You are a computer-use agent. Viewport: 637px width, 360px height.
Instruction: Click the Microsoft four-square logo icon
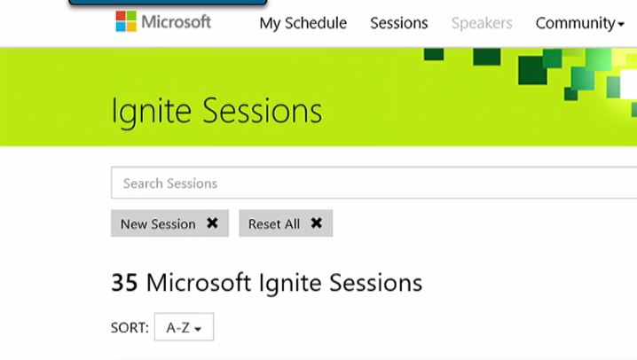point(126,21)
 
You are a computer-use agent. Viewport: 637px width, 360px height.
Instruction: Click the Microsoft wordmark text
point(177,22)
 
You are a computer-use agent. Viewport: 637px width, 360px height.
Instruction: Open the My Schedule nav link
point(303,23)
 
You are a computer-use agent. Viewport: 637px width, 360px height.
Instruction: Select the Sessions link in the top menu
point(399,23)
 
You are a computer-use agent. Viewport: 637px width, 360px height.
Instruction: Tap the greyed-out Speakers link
point(482,23)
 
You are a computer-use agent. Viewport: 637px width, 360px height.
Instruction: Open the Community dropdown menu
point(579,24)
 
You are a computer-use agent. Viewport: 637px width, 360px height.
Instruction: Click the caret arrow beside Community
point(621,25)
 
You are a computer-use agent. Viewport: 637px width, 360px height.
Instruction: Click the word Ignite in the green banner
point(151,111)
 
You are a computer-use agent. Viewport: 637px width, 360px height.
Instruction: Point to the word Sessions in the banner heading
point(263,111)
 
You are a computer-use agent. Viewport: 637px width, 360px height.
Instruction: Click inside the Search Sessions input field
point(374,183)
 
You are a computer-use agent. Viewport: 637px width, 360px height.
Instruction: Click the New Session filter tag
point(169,223)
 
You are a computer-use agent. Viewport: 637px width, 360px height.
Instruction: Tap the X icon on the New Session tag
point(212,223)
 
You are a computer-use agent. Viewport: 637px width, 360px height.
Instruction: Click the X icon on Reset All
point(317,223)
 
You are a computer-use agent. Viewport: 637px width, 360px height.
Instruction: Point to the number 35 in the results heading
point(124,283)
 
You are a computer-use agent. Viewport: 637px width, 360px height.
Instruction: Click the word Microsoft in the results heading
point(199,283)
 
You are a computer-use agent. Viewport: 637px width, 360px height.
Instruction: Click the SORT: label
point(130,327)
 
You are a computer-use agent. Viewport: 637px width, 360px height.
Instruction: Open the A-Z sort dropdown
point(184,326)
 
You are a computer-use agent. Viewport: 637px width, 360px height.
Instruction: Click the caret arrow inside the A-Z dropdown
point(198,329)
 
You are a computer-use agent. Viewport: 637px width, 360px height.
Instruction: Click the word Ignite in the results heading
point(290,284)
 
